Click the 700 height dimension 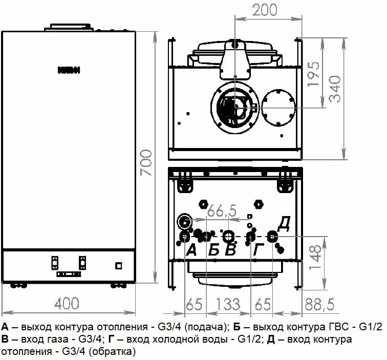pos(147,163)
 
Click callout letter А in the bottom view pos(191,250)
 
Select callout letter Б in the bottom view pos(214,250)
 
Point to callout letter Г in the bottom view pos(259,250)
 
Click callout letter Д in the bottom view pos(285,223)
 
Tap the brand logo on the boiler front pos(68,70)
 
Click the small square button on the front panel pos(119,265)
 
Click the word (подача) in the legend pos(205,327)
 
